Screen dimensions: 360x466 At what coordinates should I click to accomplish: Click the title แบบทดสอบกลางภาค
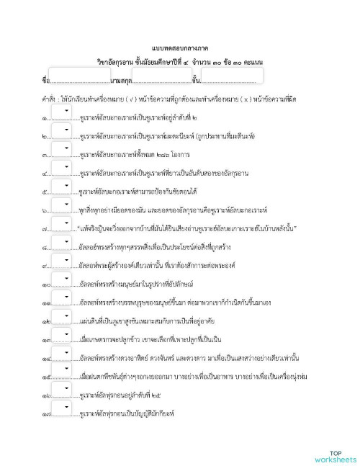click(180, 45)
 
